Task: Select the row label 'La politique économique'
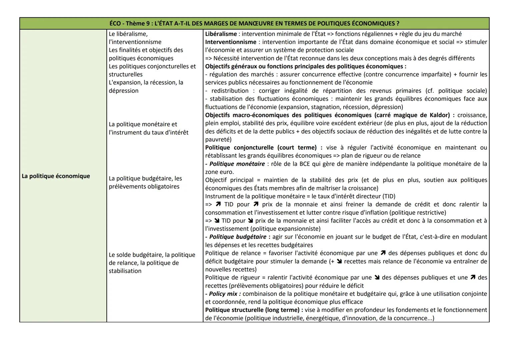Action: (x=56, y=176)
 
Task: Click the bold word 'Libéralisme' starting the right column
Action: (x=221, y=34)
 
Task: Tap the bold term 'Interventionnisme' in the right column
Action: (x=231, y=42)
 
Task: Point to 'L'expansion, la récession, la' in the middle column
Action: (x=146, y=82)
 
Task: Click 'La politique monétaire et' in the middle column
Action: (x=143, y=124)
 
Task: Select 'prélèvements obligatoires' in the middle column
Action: (x=144, y=186)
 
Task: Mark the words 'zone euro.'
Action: (x=219, y=172)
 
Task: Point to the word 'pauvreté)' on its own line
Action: (x=218, y=139)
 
